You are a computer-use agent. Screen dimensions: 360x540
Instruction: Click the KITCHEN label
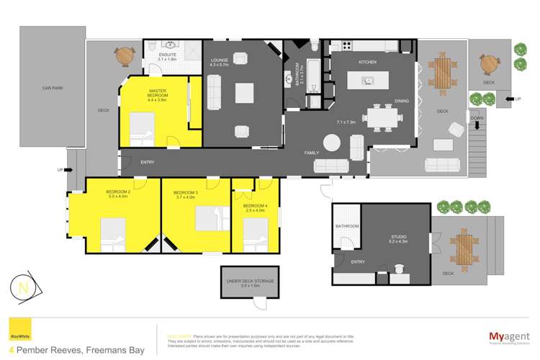pos(368,63)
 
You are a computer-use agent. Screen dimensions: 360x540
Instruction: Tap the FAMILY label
pos(312,153)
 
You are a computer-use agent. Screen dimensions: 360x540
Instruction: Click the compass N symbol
pos(24,288)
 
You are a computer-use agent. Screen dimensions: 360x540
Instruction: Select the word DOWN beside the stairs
pos(477,118)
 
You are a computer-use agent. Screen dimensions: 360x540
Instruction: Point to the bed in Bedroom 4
pos(253,232)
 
